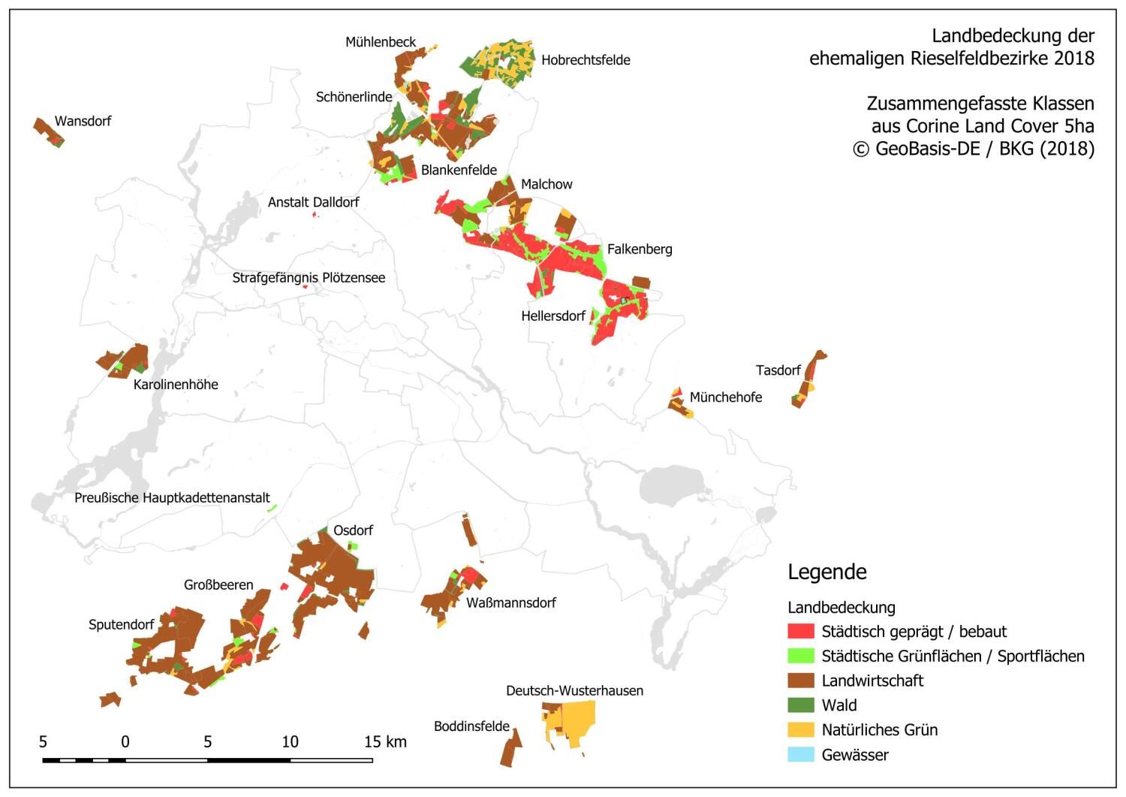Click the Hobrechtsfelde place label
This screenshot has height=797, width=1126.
tap(586, 60)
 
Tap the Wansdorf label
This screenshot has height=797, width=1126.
tap(83, 121)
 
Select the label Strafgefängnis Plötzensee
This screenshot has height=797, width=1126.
tap(309, 278)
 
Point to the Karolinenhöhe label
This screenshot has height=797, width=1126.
tap(176, 385)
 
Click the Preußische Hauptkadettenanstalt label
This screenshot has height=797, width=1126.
tap(172, 498)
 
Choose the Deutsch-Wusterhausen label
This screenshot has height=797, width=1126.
tap(574, 691)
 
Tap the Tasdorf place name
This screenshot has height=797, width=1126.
tap(778, 370)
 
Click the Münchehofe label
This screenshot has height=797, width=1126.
tap(725, 397)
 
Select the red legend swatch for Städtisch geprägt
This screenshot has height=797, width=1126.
tap(801, 632)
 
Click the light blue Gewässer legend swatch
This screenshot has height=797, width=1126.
tap(801, 755)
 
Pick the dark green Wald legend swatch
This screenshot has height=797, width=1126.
tap(801, 705)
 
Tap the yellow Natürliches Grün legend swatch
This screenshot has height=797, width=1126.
tap(801, 730)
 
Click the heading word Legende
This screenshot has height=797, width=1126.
tap(827, 572)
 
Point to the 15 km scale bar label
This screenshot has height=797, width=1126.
tap(385, 742)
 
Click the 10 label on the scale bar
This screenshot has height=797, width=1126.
tap(290, 742)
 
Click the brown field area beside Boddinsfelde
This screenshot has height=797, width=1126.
tap(511, 749)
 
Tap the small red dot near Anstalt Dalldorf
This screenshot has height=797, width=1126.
tap(315, 216)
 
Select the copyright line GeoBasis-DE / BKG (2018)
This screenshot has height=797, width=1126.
tap(974, 149)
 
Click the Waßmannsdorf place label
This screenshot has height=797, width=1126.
tap(510, 603)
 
